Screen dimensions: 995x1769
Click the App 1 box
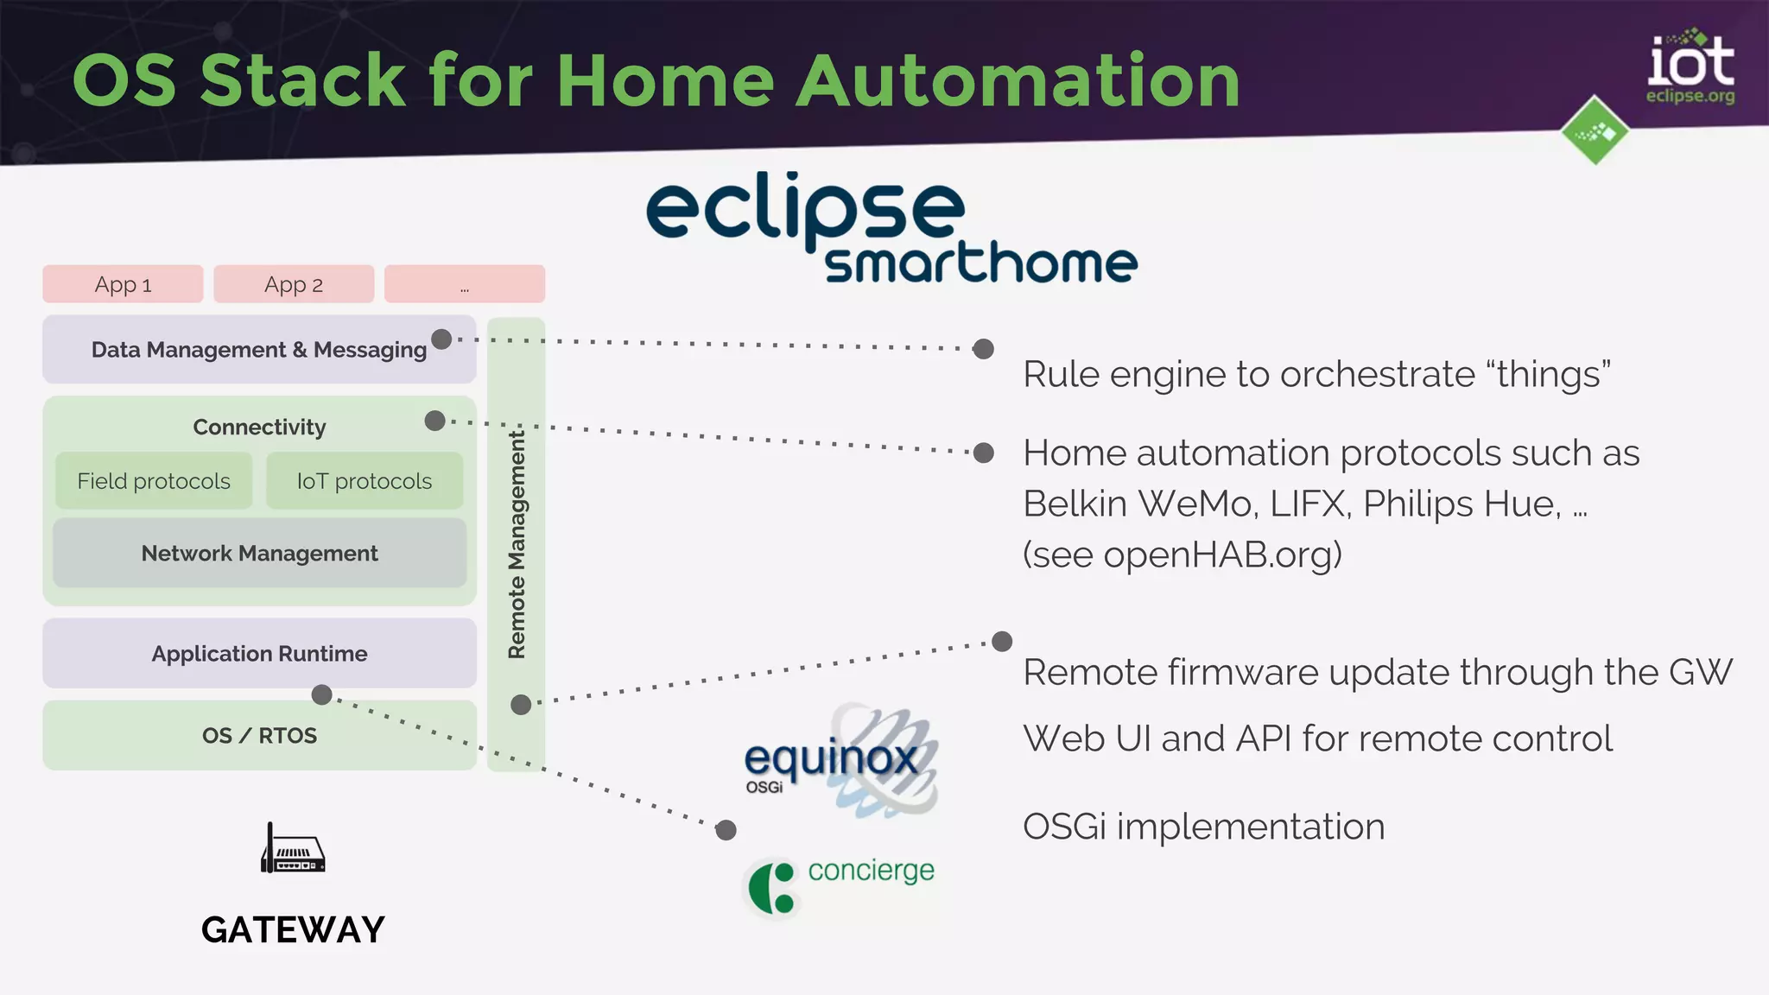tap(123, 284)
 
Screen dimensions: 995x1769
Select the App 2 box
tap(294, 284)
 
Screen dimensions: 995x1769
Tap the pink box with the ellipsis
tap(465, 284)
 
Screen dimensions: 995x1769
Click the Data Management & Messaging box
tap(259, 350)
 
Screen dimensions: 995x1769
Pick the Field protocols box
tap(154, 481)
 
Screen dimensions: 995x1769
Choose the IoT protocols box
tap(365, 481)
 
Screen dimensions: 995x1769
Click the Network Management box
tap(259, 554)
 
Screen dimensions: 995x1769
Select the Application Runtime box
tap(259, 654)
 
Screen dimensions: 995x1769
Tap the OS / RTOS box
tap(259, 736)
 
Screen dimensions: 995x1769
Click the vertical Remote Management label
tap(517, 544)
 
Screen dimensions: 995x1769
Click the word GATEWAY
tap(293, 930)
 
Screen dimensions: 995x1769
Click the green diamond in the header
tap(1595, 131)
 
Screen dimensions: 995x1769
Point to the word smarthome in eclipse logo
tap(980, 263)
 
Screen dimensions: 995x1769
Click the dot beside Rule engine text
tap(983, 349)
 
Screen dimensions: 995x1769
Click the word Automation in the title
tap(1018, 81)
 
